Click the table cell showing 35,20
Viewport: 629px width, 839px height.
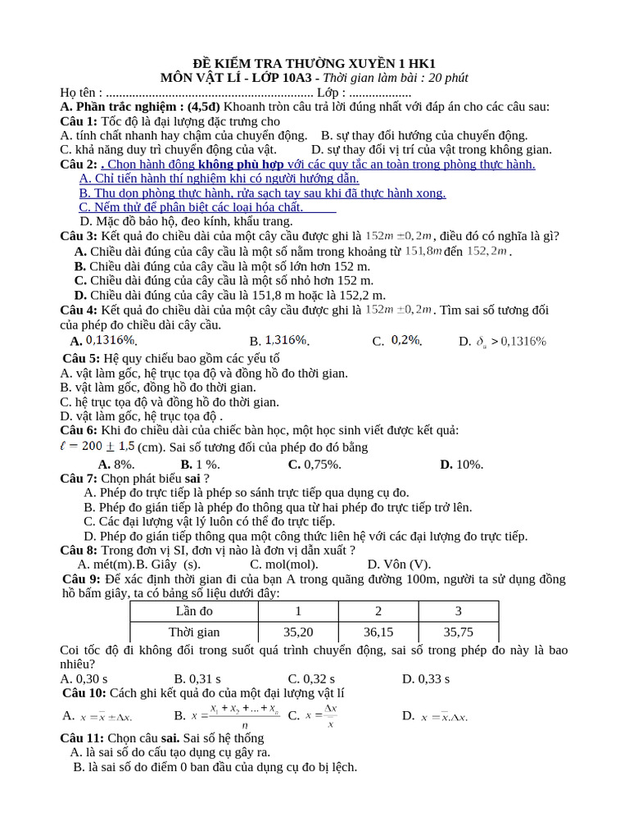(x=298, y=632)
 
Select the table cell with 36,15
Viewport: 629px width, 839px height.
(x=378, y=632)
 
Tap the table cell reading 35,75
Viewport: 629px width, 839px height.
(x=458, y=632)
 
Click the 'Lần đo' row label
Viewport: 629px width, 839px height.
(x=194, y=611)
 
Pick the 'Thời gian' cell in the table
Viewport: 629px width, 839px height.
(x=194, y=632)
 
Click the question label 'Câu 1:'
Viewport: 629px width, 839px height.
(x=79, y=121)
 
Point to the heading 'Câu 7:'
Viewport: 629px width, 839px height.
(x=79, y=478)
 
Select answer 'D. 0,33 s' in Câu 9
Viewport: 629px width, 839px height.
(x=426, y=678)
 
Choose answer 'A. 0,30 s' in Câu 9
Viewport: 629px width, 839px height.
(x=84, y=678)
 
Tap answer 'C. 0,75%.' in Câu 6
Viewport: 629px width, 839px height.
(x=314, y=464)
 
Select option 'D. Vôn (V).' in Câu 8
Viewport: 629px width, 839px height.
(x=398, y=564)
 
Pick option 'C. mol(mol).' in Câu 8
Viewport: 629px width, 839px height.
(x=284, y=564)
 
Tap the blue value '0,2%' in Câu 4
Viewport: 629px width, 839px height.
(x=405, y=340)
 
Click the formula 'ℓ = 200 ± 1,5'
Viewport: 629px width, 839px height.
(x=97, y=447)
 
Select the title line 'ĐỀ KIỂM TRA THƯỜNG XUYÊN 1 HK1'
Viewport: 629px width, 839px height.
(x=314, y=63)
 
